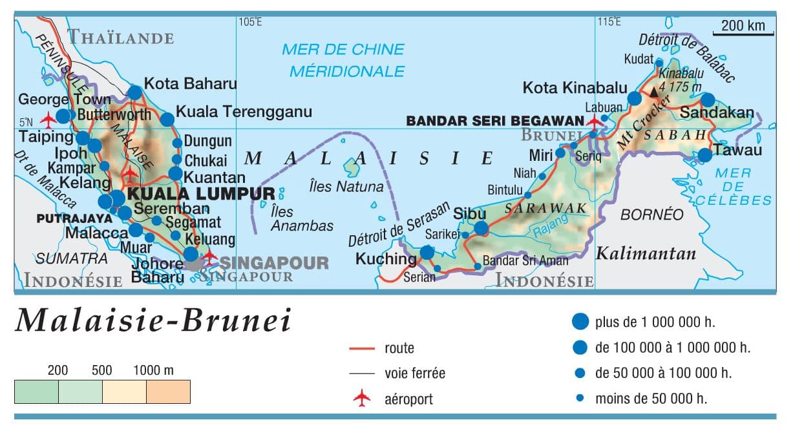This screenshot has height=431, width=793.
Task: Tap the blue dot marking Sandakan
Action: click(x=708, y=100)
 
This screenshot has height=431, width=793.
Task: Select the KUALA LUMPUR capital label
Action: click(x=201, y=193)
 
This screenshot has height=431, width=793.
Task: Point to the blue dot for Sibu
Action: click(x=481, y=227)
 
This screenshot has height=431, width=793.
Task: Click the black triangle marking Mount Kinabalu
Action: click(x=654, y=92)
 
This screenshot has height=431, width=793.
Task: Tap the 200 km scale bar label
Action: click(x=743, y=26)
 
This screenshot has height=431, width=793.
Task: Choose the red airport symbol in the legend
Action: click(x=362, y=399)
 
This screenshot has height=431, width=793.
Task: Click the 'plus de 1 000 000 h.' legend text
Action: click(x=655, y=321)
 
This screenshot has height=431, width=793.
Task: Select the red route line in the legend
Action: click(x=362, y=349)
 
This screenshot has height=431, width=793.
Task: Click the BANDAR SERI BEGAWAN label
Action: click(x=495, y=121)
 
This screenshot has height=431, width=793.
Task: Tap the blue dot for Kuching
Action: click(x=427, y=253)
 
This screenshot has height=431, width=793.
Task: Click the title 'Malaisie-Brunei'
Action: click(x=153, y=321)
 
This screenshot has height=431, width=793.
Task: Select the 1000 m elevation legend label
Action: click(x=153, y=371)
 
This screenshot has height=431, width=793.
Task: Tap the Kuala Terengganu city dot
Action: click(x=167, y=119)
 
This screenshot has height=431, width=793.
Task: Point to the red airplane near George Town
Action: click(x=48, y=120)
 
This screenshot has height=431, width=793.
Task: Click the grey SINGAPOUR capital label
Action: click(x=275, y=262)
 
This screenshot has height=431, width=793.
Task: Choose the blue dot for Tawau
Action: click(x=704, y=155)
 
